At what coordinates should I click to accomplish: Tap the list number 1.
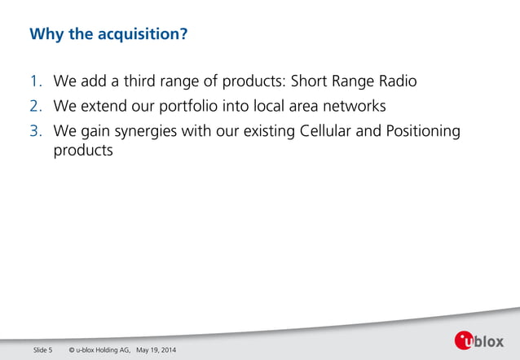coord(35,82)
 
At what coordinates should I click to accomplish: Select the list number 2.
coord(35,107)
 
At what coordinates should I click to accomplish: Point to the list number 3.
coord(35,131)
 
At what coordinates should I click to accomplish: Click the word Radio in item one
coord(394,82)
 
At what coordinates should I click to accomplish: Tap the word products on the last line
coord(82,151)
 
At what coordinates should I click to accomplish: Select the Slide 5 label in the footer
coord(43,350)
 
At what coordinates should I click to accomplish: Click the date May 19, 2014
coord(156,350)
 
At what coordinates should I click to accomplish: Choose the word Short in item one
coord(311,82)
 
